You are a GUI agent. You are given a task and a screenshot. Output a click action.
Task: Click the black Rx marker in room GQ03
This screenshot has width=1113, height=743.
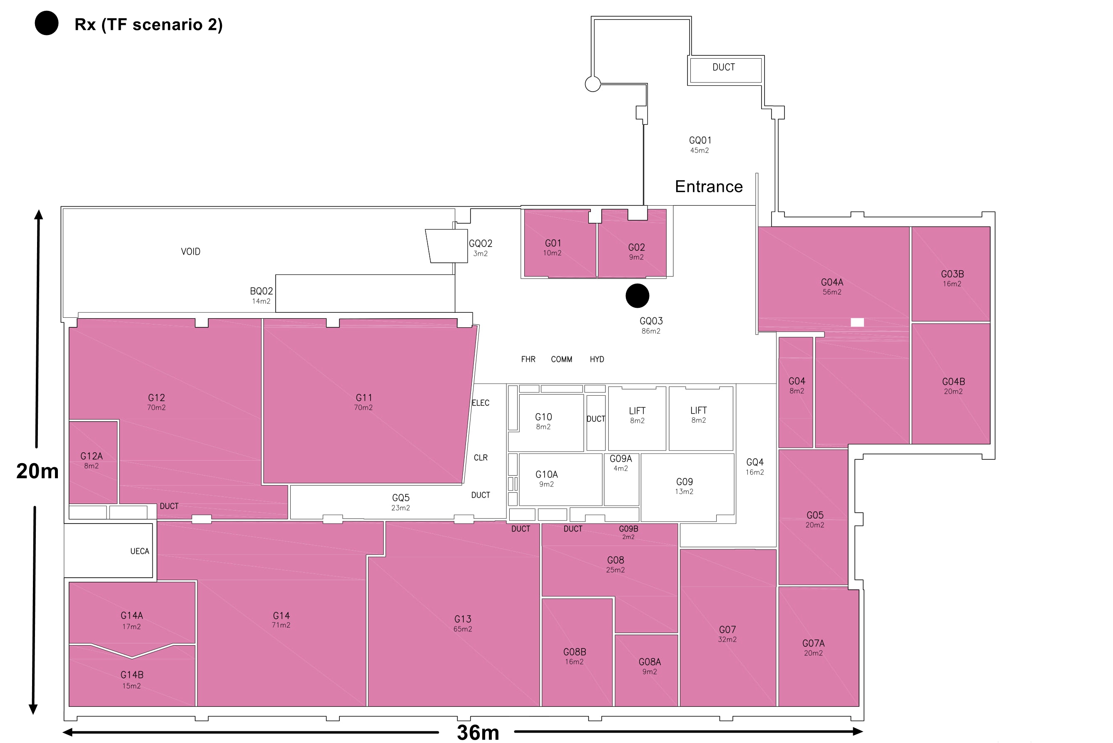point(637,296)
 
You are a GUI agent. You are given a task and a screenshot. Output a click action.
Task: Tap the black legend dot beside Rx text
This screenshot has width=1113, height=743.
point(46,23)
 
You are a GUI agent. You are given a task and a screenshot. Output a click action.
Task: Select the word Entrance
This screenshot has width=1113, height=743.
point(709,186)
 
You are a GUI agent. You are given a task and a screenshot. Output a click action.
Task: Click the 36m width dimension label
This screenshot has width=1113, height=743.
point(478,733)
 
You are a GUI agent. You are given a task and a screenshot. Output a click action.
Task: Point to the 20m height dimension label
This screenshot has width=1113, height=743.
point(37,471)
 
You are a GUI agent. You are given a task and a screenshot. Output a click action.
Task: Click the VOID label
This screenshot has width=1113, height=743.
point(190,252)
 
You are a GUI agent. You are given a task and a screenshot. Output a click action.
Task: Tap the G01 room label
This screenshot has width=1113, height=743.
point(553,243)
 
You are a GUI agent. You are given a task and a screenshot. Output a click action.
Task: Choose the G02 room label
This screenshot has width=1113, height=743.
point(636,247)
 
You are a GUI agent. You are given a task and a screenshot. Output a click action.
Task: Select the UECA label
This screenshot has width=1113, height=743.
point(140,551)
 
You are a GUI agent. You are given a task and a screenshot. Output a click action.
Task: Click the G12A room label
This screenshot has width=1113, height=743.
point(92,456)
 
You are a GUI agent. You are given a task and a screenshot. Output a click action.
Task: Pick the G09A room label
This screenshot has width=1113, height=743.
point(620,459)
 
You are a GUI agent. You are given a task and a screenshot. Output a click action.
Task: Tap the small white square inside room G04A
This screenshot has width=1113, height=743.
point(857,322)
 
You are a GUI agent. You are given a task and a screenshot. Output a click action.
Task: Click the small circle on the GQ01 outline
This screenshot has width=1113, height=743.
point(593,85)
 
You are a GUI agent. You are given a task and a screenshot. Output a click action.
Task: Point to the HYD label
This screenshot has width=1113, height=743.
point(597,359)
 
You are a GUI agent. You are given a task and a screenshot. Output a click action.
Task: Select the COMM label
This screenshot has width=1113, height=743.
point(561,359)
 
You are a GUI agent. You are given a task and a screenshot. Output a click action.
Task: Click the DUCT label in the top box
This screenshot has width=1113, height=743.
point(724,67)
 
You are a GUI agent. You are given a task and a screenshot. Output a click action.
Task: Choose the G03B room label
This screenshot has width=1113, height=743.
point(952,274)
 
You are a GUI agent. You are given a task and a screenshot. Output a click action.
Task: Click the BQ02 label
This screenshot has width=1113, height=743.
point(261,291)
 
